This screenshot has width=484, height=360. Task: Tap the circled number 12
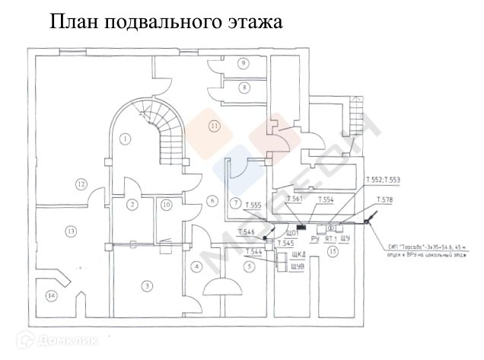(x=81, y=183)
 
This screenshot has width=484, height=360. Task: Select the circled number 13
(x=70, y=231)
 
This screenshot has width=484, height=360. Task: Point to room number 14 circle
(x=52, y=296)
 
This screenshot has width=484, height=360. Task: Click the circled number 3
(x=147, y=285)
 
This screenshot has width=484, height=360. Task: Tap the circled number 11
(x=214, y=125)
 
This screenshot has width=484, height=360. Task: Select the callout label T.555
(x=253, y=205)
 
